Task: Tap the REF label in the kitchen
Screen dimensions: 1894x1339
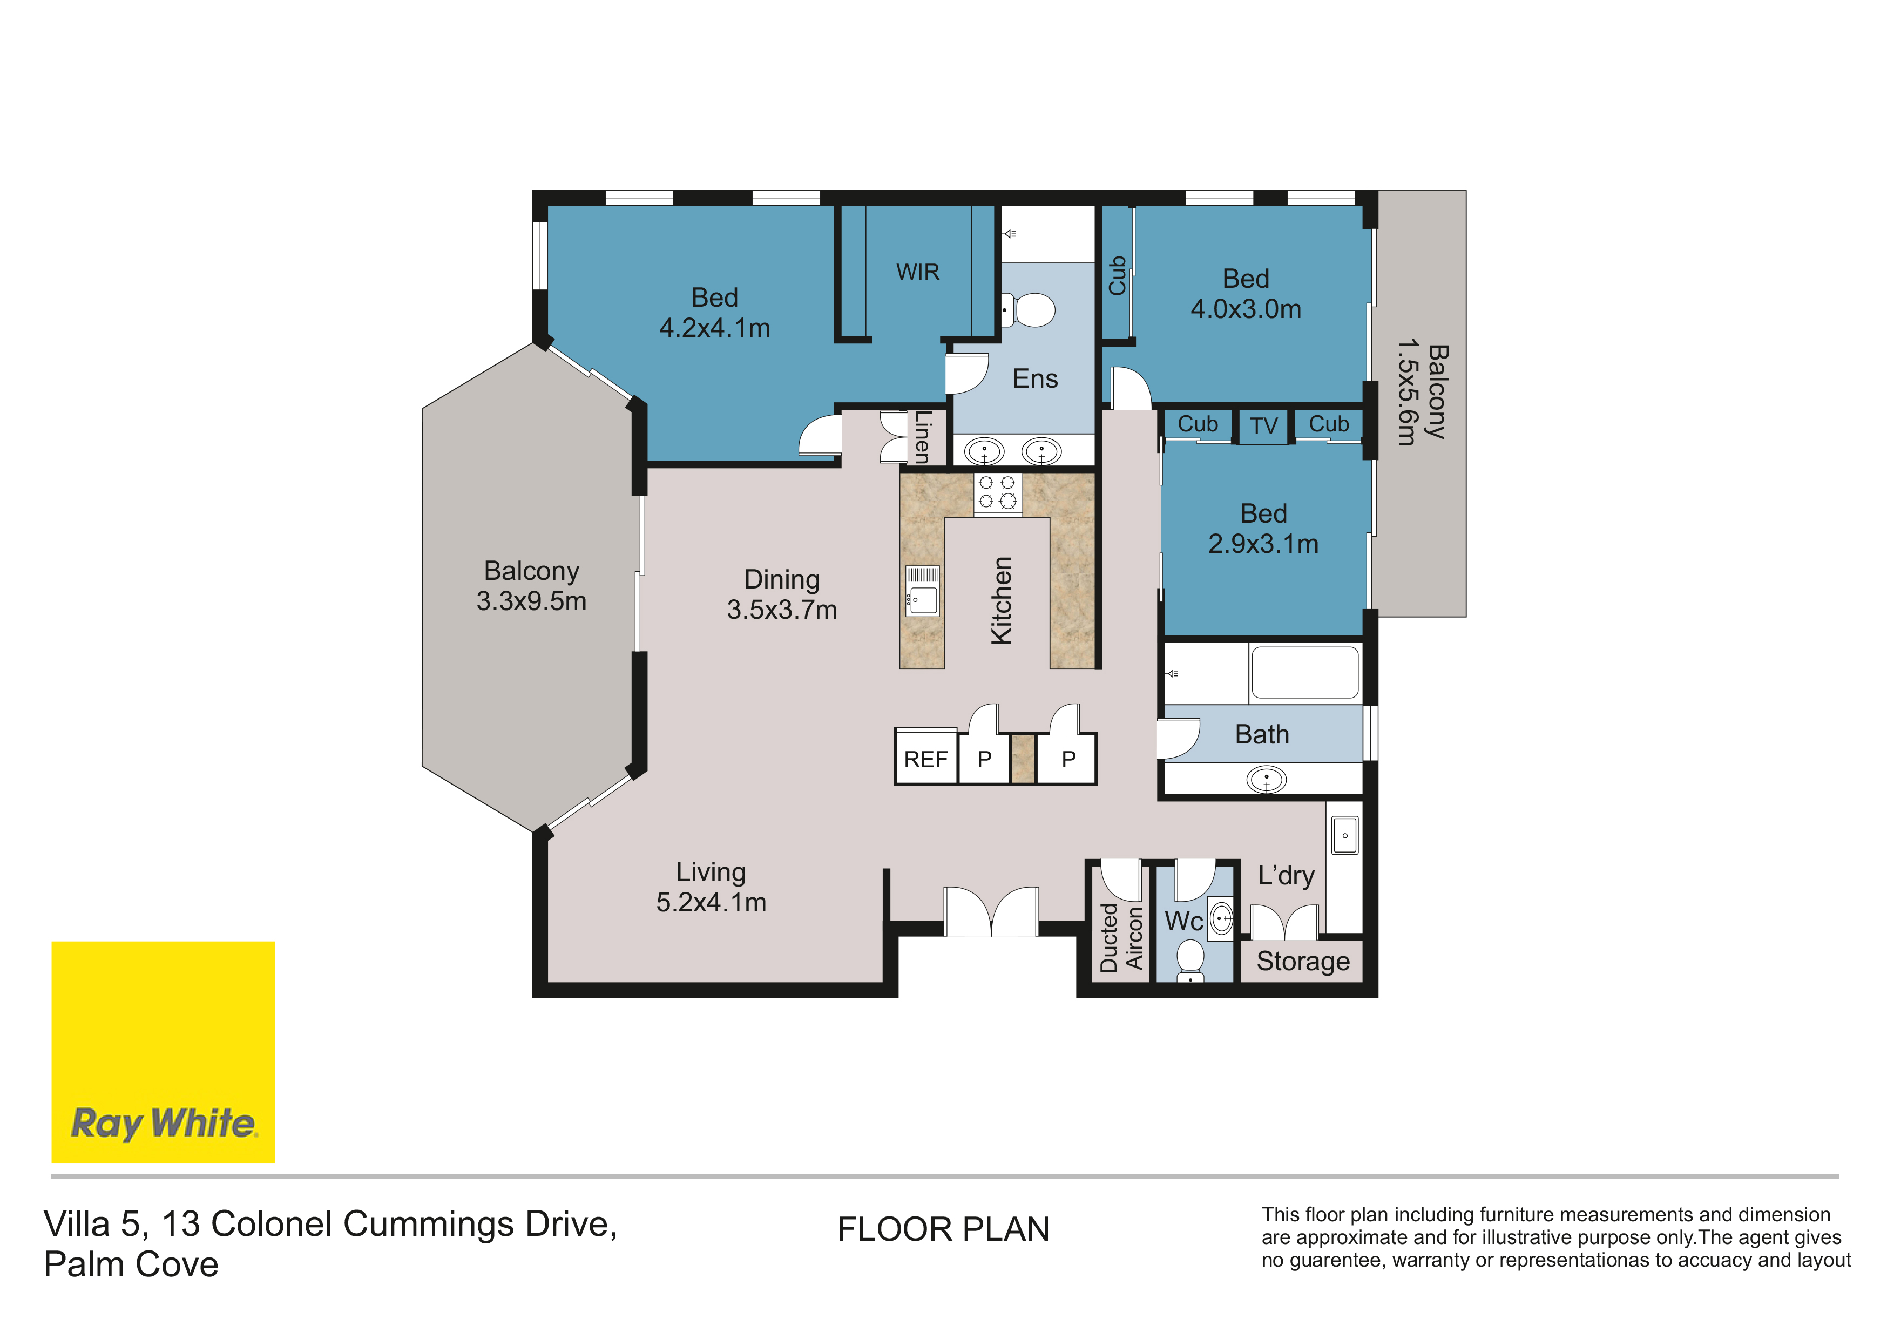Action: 925,759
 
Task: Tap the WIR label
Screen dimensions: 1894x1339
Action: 917,272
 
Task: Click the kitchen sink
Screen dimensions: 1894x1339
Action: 922,591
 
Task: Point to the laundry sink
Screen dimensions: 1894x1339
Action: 1344,836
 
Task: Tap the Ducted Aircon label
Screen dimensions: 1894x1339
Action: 1121,937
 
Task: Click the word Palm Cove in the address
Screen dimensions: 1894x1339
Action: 131,1264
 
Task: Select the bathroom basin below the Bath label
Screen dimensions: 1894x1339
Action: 1266,779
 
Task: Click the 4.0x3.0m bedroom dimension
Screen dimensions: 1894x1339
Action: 1246,309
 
